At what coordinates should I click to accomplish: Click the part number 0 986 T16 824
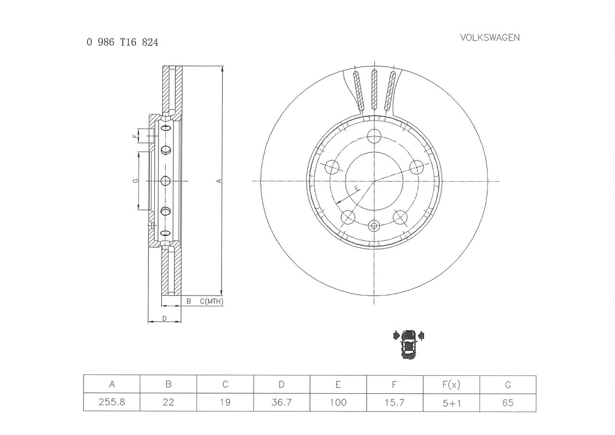click(x=123, y=42)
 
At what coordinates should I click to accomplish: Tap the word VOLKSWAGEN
click(x=490, y=37)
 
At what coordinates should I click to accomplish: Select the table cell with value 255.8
click(x=112, y=402)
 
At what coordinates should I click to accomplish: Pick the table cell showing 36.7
click(x=282, y=402)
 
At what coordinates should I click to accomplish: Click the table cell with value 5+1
click(x=451, y=403)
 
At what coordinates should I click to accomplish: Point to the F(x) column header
click(x=451, y=385)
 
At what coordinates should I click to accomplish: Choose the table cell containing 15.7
click(x=394, y=403)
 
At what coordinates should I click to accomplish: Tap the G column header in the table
click(x=508, y=385)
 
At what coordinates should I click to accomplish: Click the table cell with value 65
click(x=508, y=403)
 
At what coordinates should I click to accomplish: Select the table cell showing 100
click(x=338, y=403)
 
